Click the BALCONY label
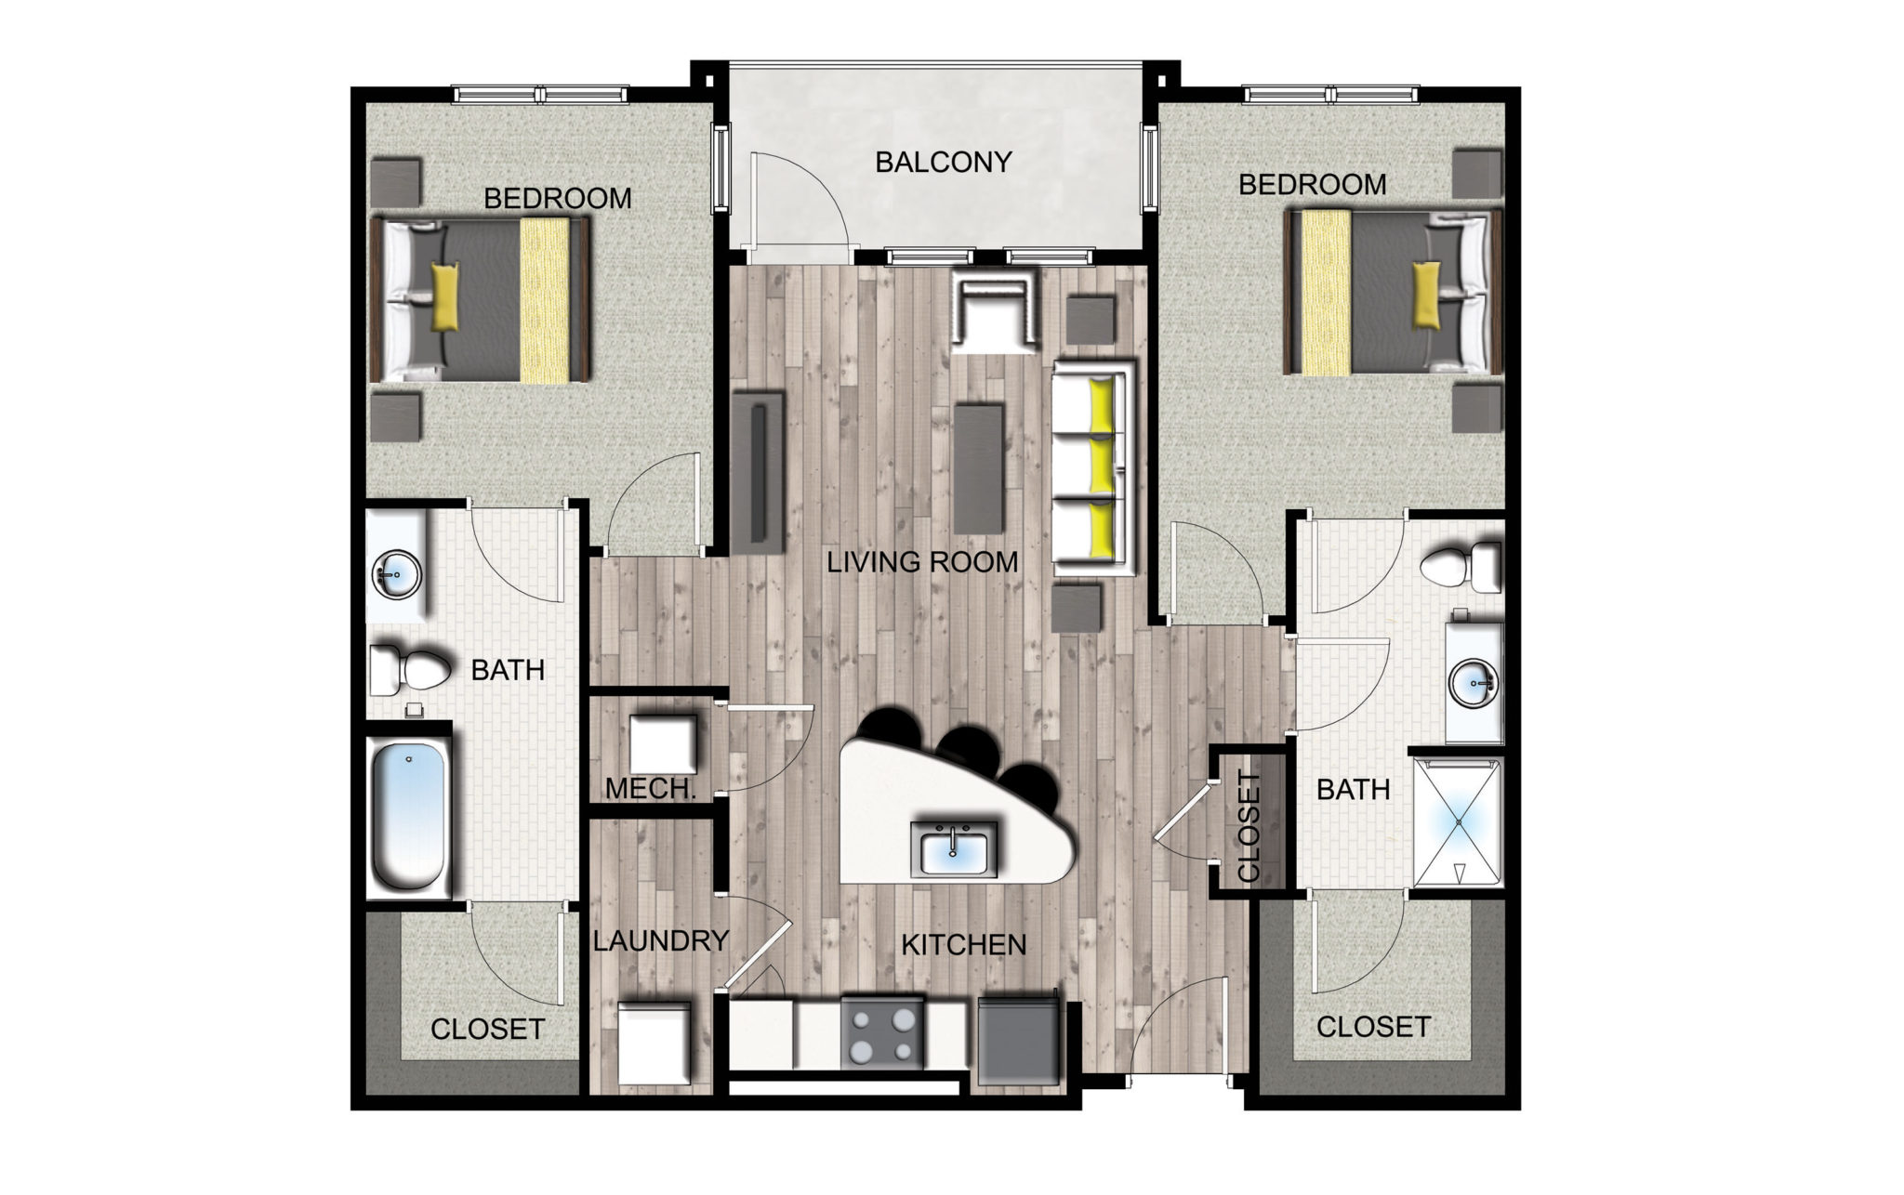(x=943, y=163)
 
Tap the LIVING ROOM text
(x=922, y=562)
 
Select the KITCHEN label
(x=964, y=945)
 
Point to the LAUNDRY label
(x=660, y=940)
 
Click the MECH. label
(x=651, y=789)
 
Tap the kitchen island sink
(x=954, y=848)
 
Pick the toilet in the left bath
(x=410, y=669)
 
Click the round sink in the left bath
(x=397, y=576)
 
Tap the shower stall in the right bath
(x=1457, y=823)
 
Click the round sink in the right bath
(x=1474, y=683)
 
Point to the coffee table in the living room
(x=979, y=466)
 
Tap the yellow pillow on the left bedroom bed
(x=445, y=296)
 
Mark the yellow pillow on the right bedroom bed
(x=1426, y=295)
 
